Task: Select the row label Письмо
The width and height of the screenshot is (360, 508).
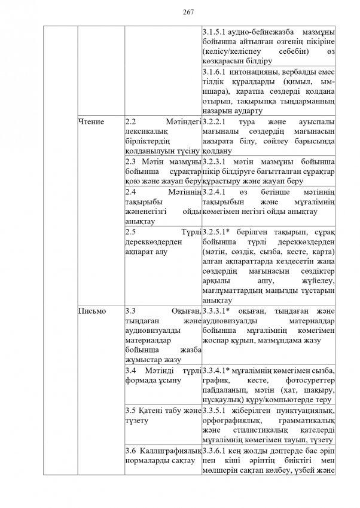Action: [93, 311]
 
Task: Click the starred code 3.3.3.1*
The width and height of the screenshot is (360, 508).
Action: [218, 311]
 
